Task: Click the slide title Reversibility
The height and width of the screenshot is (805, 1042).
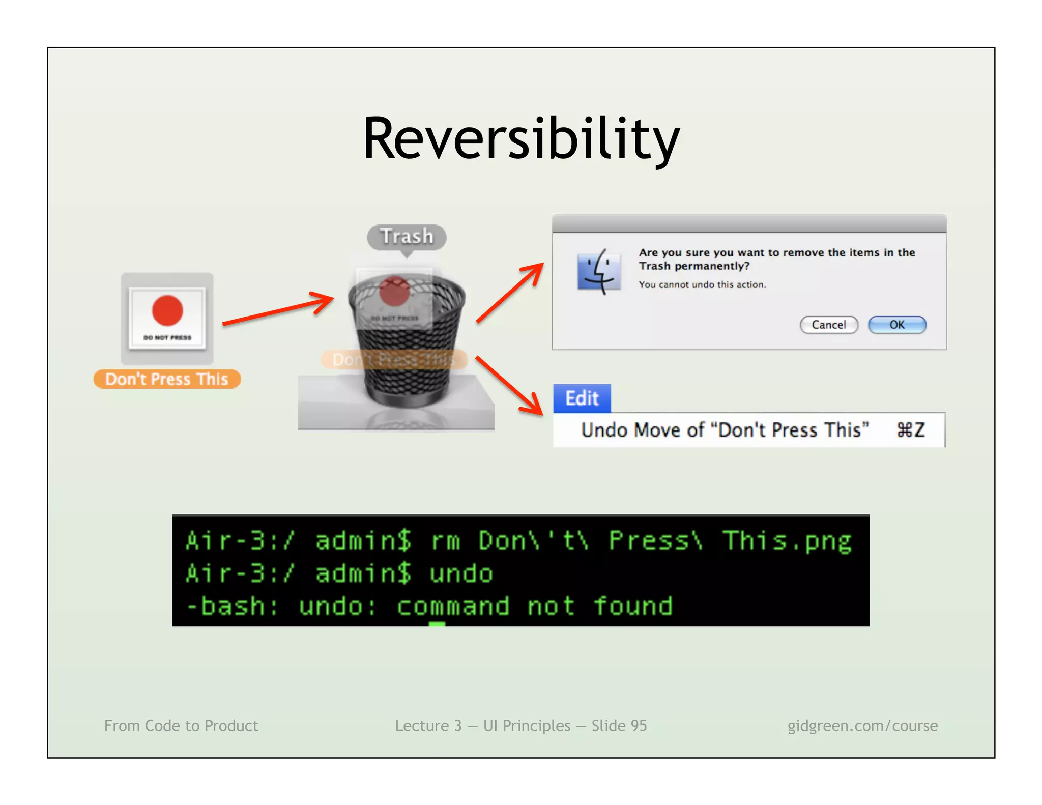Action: pyautogui.click(x=521, y=138)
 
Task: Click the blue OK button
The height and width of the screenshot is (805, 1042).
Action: pyautogui.click(x=896, y=325)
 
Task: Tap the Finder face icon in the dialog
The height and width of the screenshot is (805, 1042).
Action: pyautogui.click(x=599, y=272)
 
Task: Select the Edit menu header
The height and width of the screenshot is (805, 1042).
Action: pyautogui.click(x=582, y=398)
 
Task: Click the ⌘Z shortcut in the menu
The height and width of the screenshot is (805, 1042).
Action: pyautogui.click(x=910, y=430)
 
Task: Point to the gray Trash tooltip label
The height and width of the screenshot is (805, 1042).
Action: pyautogui.click(x=407, y=237)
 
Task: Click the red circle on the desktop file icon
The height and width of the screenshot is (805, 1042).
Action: pyautogui.click(x=167, y=310)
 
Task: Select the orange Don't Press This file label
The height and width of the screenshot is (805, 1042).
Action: pyautogui.click(x=167, y=380)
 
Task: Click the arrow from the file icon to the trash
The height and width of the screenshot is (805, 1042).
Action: pyautogui.click(x=278, y=308)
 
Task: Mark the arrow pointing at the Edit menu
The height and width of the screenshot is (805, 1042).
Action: pyautogui.click(x=509, y=385)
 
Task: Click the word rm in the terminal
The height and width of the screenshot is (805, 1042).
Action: pyautogui.click(x=445, y=541)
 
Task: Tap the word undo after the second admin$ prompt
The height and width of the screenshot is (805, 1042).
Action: pyautogui.click(x=461, y=574)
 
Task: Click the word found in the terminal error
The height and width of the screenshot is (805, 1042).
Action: pyautogui.click(x=632, y=607)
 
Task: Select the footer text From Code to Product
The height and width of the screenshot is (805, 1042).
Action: pyautogui.click(x=181, y=726)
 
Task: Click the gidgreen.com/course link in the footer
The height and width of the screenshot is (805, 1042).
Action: pyautogui.click(x=862, y=726)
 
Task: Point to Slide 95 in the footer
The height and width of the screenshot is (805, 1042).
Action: pyautogui.click(x=619, y=726)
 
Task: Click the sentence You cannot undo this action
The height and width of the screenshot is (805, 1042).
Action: pyautogui.click(x=702, y=285)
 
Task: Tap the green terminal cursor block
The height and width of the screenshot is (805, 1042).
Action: pyautogui.click(x=437, y=624)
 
